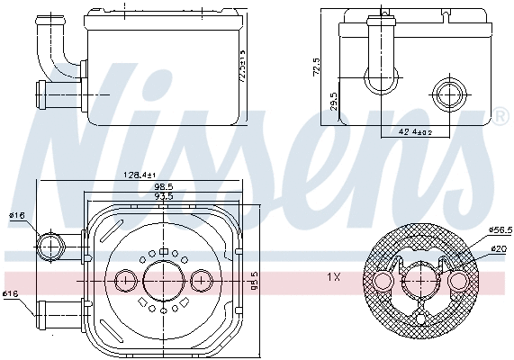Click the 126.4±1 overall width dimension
[140, 175]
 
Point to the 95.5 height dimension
[254, 281]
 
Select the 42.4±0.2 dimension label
[415, 132]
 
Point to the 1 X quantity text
[332, 278]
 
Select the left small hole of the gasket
[383, 283]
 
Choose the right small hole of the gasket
[458, 283]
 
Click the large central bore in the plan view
[162, 280]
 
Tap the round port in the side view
[447, 94]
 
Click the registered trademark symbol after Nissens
[499, 117]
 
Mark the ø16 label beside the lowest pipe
[11, 293]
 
